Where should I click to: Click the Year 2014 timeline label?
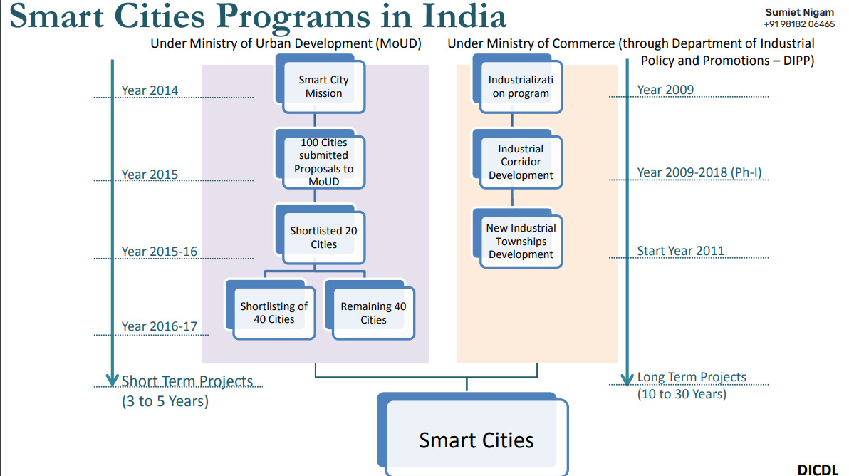(x=150, y=90)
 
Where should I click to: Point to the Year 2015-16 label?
(x=160, y=252)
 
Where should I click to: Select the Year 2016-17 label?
(x=160, y=326)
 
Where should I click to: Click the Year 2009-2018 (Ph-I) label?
(x=699, y=172)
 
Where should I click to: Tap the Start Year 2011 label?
(x=680, y=251)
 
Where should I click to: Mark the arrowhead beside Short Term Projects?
(x=112, y=380)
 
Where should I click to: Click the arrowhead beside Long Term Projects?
(x=627, y=380)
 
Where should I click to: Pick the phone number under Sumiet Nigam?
(x=799, y=24)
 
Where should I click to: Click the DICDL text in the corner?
(x=818, y=470)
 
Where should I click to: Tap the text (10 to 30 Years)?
(x=682, y=394)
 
